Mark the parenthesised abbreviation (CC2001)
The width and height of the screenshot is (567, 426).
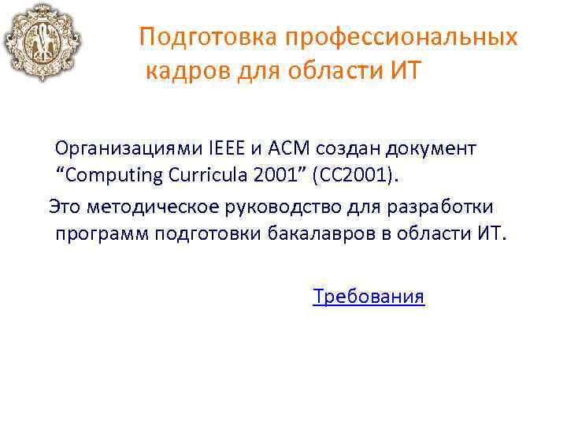coord(355,174)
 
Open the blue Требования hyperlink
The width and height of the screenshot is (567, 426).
coord(369,297)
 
